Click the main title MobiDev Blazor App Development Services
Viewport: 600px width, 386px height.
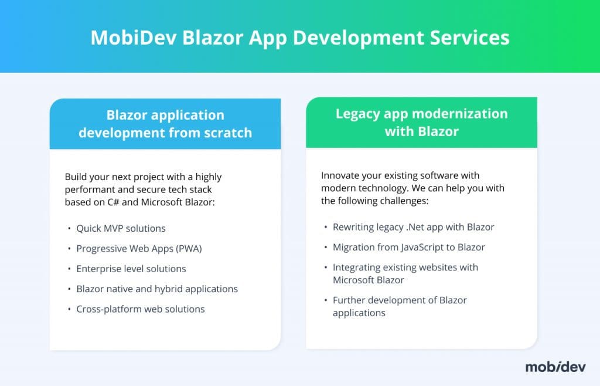[x=299, y=37]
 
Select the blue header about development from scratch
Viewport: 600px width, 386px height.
[x=165, y=123]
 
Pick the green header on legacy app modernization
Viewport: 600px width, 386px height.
[x=421, y=122]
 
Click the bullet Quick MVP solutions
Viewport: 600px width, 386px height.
[x=121, y=228]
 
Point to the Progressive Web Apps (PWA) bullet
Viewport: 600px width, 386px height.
[x=139, y=248]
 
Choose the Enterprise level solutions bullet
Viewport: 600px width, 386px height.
[x=131, y=269]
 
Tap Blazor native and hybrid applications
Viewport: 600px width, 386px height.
[x=157, y=289]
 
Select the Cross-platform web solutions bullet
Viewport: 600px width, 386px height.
[x=140, y=309]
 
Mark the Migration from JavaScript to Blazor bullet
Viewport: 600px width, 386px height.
[x=409, y=247]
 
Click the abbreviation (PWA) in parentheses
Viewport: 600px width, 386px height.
[x=188, y=248]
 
